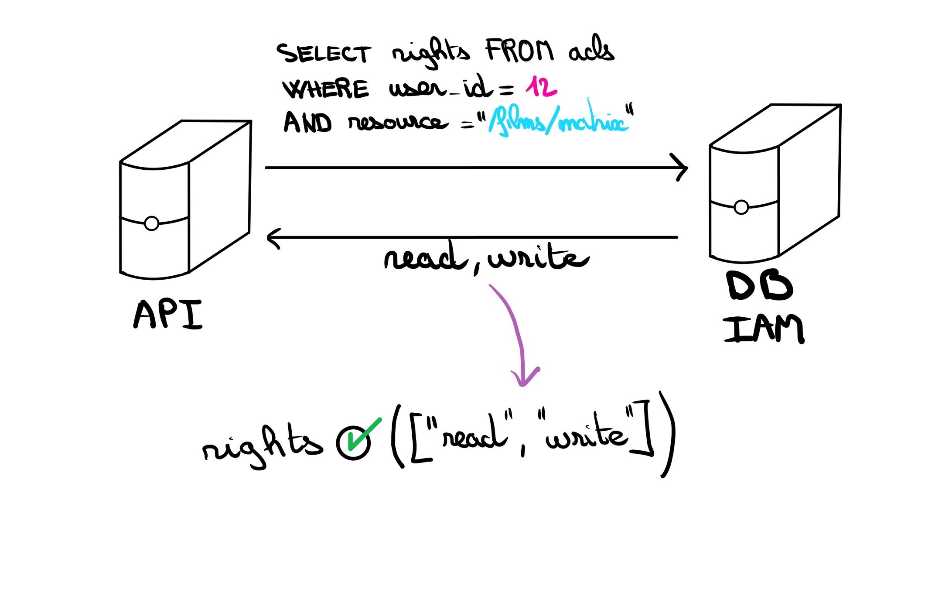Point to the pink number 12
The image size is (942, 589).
541,87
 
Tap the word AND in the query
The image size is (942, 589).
307,122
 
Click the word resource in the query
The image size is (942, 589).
398,123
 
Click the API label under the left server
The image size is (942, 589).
168,314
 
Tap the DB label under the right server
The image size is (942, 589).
759,286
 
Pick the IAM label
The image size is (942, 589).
764,329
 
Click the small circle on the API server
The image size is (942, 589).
152,223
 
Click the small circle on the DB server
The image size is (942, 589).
741,207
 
